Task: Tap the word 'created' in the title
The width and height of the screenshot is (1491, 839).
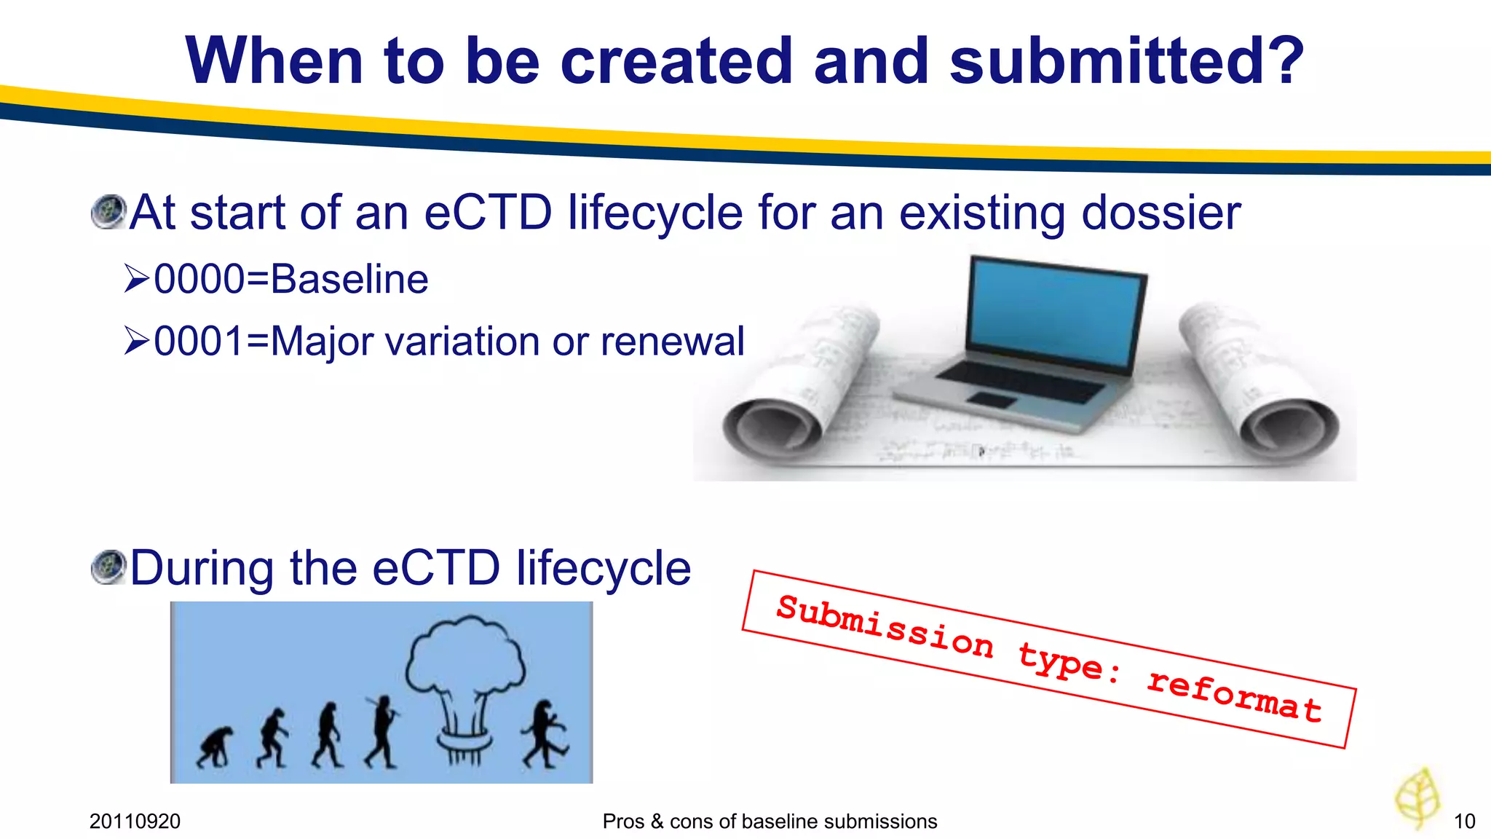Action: pos(676,61)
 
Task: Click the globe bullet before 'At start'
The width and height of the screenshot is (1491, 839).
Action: pos(109,212)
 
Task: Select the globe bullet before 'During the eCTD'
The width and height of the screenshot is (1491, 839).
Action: pos(109,567)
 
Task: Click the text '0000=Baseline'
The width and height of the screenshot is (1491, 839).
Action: pos(290,280)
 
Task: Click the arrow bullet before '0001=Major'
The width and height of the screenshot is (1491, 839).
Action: pos(137,341)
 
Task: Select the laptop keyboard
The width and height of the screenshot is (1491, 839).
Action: pos(1019,380)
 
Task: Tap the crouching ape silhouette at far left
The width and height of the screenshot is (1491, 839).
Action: pos(215,747)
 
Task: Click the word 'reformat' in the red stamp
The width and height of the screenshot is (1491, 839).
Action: pos(1234,695)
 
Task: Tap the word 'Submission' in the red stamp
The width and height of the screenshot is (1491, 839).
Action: pos(884,627)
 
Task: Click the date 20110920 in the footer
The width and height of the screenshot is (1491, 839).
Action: pos(135,822)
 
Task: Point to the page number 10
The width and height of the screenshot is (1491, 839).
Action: pos(1464,822)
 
